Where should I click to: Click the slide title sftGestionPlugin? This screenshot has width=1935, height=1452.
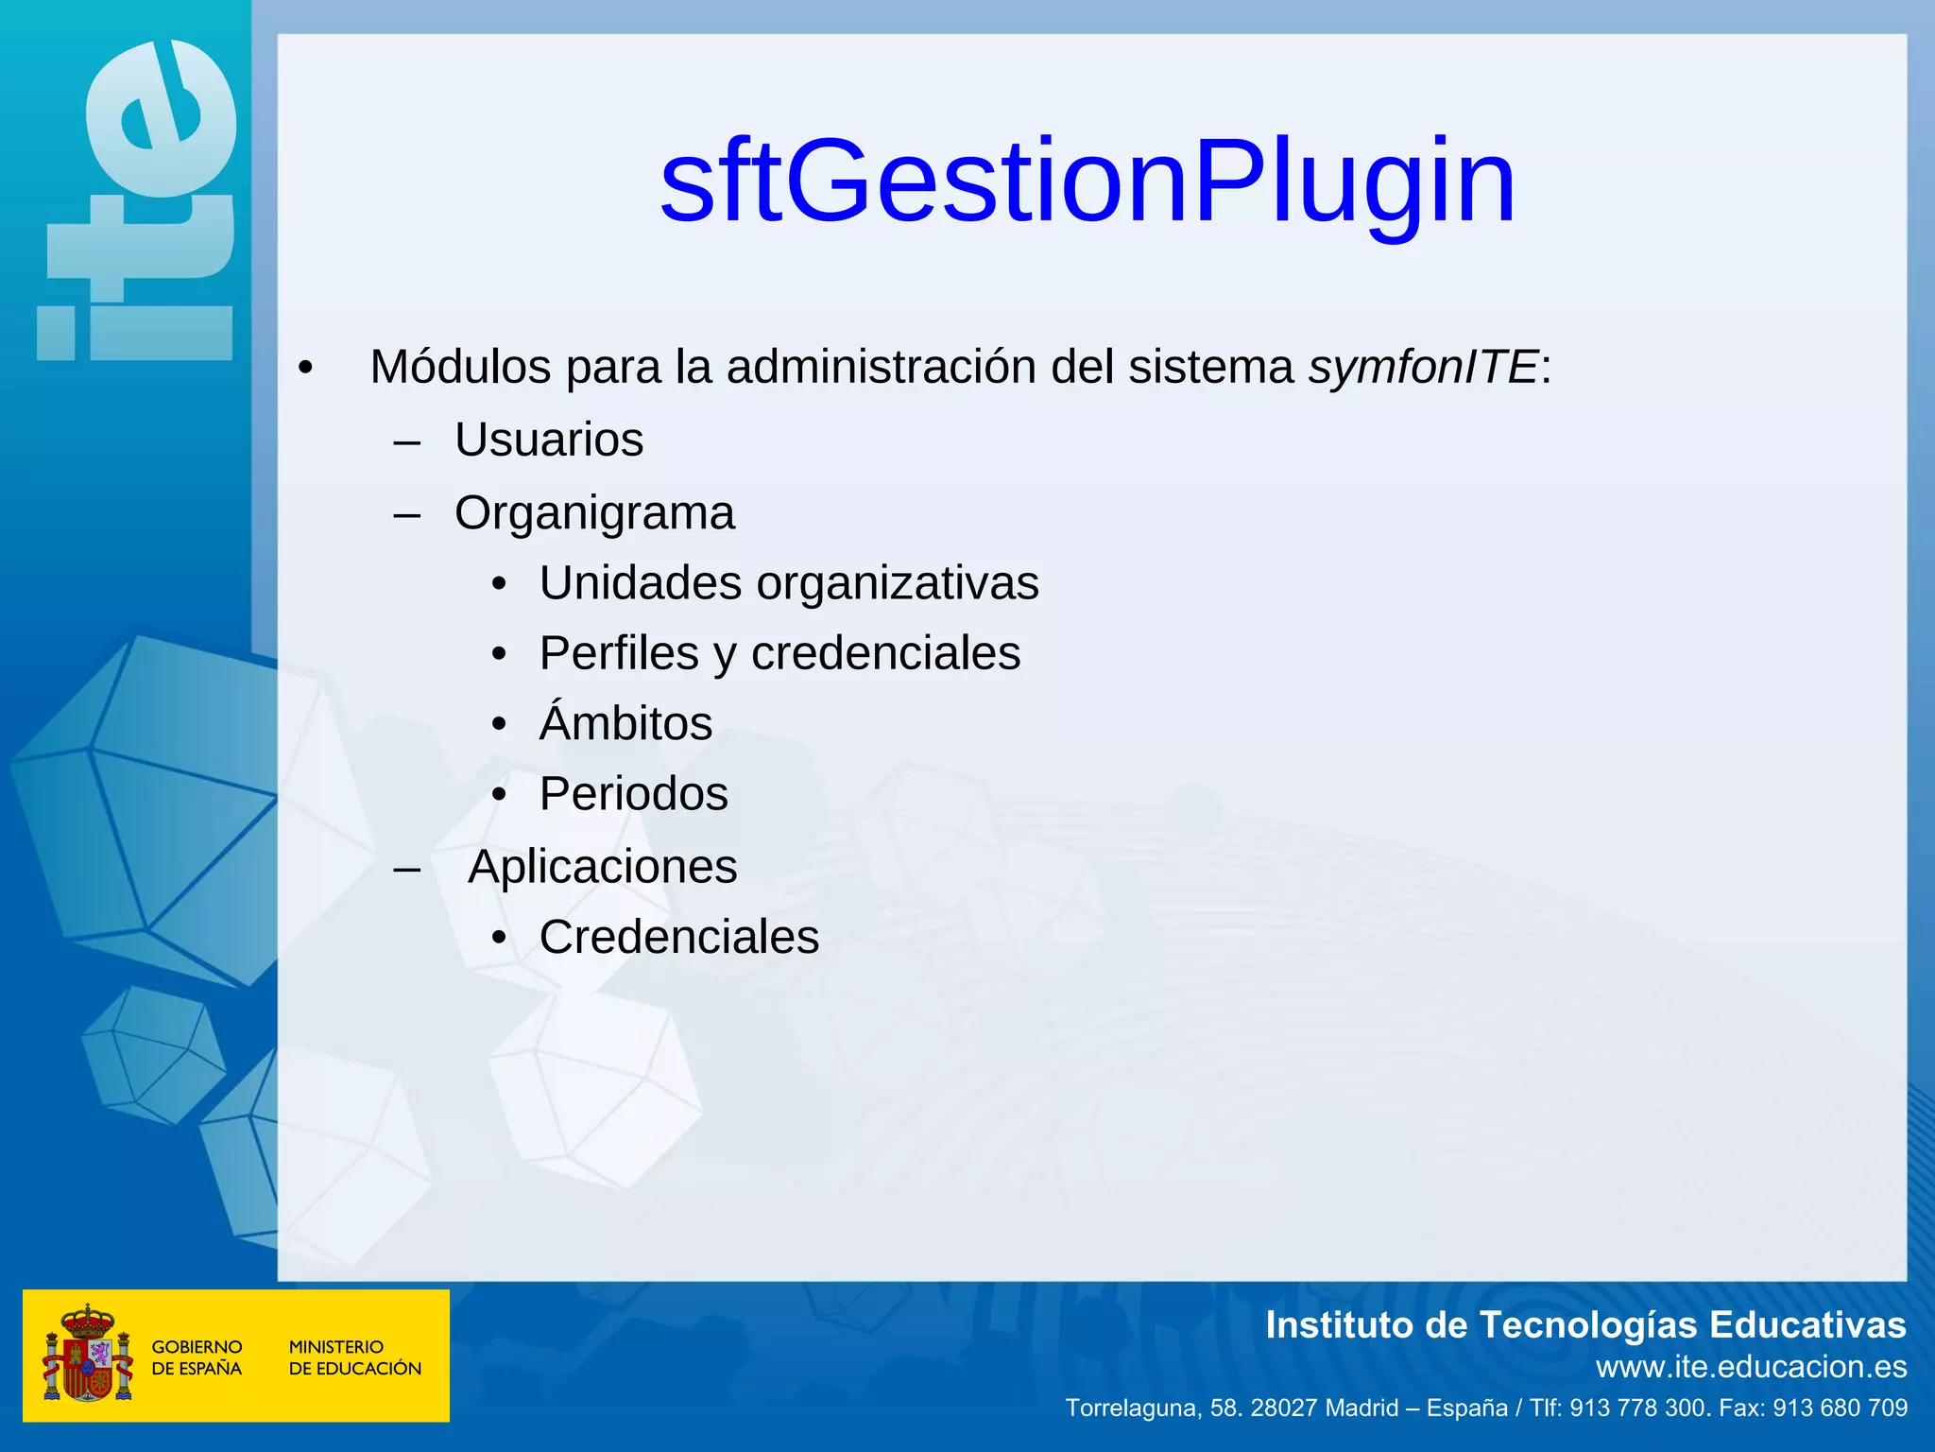tap(1087, 181)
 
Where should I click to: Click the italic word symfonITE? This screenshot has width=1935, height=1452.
tap(1423, 367)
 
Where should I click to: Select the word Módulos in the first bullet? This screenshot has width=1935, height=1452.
tap(460, 367)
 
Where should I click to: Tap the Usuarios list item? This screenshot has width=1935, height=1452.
tap(549, 440)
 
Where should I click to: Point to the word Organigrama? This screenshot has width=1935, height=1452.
tap(594, 513)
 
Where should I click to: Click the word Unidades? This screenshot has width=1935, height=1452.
tap(640, 583)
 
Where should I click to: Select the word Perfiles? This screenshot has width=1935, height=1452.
tap(619, 653)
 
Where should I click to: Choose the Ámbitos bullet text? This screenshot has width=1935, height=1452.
tap(625, 723)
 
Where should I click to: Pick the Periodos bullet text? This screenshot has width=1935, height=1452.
tap(633, 794)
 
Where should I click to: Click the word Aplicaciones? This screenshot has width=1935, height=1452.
tap(602, 867)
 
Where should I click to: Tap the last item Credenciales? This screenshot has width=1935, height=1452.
tap(678, 938)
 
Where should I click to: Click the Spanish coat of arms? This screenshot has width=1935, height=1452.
tap(87, 1354)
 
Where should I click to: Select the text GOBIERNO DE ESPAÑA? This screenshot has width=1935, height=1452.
tap(197, 1357)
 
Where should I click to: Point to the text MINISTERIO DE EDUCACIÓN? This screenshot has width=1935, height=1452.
tap(354, 1357)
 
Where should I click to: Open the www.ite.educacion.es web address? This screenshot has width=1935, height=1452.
tap(1751, 1367)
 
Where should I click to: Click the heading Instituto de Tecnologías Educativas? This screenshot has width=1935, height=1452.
tap(1584, 1325)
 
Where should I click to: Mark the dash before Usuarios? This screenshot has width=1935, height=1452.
tap(407, 441)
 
